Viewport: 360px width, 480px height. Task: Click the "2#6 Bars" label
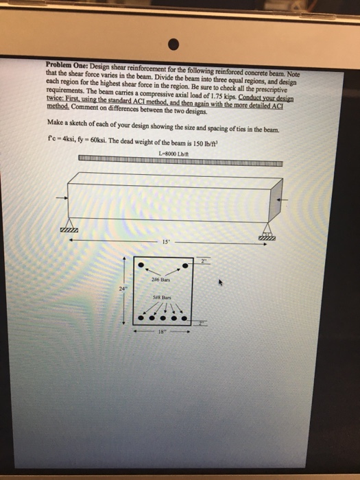(x=163, y=279)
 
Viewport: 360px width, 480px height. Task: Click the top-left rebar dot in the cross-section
(x=141, y=265)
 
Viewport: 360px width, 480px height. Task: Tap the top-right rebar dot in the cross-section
(x=185, y=265)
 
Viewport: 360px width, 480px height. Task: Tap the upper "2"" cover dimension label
(x=203, y=261)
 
